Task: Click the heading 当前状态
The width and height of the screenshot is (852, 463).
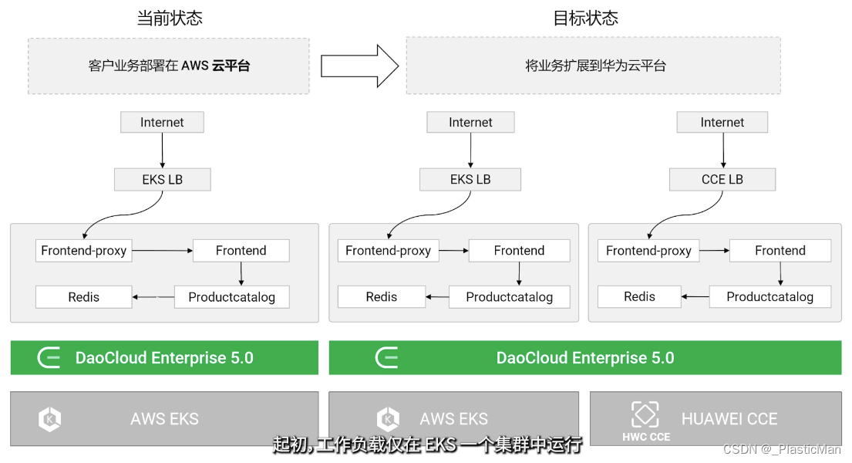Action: (170, 18)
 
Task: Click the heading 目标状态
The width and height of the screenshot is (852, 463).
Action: (585, 18)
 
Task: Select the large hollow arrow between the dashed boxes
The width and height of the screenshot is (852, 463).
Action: (359, 66)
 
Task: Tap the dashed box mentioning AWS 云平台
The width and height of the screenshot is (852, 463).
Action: (169, 66)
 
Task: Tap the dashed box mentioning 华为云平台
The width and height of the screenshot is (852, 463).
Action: (593, 66)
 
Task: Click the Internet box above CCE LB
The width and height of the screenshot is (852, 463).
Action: (722, 122)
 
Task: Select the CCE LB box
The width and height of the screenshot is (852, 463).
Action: (722, 179)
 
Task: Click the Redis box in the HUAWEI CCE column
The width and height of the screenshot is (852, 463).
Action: (639, 296)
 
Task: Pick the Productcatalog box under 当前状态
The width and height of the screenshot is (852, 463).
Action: (231, 297)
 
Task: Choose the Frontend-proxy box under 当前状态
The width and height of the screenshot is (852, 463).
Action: (84, 251)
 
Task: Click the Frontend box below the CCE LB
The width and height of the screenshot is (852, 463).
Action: (780, 251)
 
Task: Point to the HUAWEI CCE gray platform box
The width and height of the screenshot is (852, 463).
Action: (716, 418)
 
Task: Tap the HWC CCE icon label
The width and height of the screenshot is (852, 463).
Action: (646, 437)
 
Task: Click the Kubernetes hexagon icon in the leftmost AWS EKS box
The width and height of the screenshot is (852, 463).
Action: (50, 419)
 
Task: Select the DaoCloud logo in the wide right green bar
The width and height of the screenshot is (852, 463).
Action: (386, 358)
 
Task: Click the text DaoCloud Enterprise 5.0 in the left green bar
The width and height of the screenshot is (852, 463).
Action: (164, 358)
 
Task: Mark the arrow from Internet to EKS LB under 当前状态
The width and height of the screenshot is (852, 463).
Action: (162, 150)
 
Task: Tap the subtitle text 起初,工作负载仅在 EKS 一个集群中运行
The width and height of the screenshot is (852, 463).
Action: (426, 443)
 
